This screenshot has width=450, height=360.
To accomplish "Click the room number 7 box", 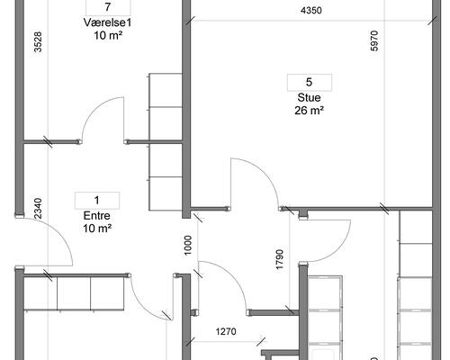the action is point(108,7).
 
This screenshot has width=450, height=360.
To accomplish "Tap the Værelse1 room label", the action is point(107,22).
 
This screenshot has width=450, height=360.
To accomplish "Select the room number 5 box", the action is point(310,82).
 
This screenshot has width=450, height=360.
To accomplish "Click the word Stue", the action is point(309,97).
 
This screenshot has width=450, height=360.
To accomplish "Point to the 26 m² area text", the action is point(309,111).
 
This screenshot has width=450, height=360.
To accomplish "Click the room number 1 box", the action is point(97,200).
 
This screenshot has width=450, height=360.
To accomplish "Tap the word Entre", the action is point(97,216).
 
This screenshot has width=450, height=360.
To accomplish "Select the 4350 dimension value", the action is point(311,11).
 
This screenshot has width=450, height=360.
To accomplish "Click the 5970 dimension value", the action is point(374,40).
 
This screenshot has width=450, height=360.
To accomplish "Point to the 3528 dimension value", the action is point(38,42).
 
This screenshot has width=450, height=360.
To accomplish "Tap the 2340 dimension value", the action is point(38,209).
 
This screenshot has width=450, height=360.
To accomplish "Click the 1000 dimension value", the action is point(188,246).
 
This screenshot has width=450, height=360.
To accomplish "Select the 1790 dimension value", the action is point(280,259).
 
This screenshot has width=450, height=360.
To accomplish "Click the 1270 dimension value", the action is point(226,331).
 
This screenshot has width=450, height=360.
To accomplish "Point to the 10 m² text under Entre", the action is point(97,229).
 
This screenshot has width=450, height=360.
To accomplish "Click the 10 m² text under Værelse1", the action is point(108,35).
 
